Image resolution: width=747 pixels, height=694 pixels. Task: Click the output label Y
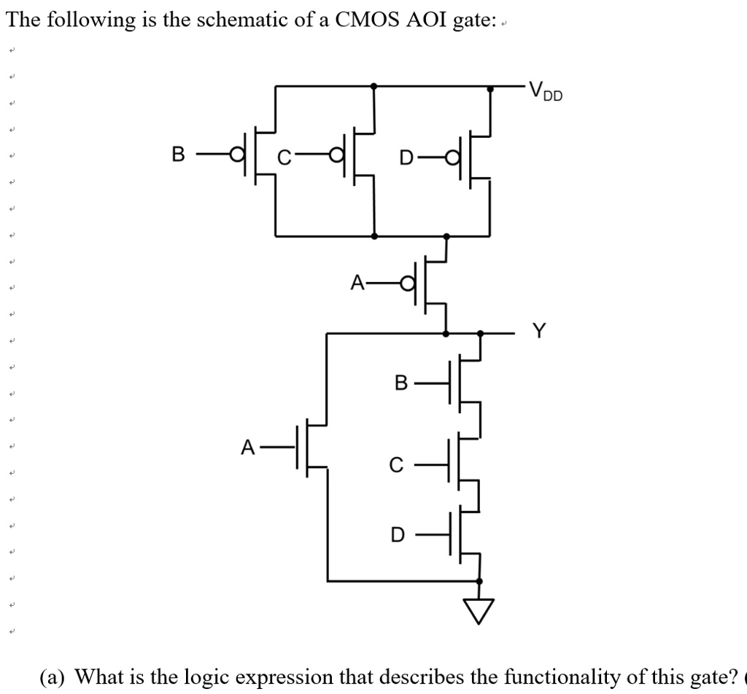538,332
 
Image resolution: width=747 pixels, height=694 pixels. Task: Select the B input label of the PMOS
178,155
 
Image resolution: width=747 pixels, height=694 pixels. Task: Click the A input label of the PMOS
357,282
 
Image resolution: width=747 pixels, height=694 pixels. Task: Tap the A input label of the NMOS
249,447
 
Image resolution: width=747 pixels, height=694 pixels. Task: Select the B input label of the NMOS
400,383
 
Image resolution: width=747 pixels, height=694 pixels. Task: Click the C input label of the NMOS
395,464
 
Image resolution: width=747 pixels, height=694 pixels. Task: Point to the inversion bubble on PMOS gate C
336,155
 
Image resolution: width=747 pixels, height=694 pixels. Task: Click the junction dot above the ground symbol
479,581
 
